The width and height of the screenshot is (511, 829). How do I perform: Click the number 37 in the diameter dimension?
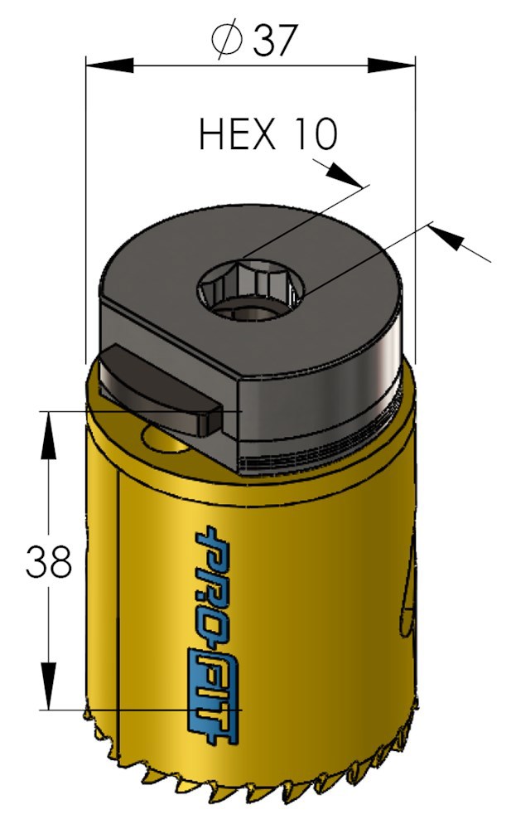click(274, 39)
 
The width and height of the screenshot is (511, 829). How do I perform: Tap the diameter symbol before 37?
click(227, 39)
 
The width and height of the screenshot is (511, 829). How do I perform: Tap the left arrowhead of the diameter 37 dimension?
click(108, 65)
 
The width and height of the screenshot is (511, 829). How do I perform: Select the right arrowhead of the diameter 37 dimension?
click(393, 65)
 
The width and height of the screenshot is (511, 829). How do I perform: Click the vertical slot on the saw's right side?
click(407, 589)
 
